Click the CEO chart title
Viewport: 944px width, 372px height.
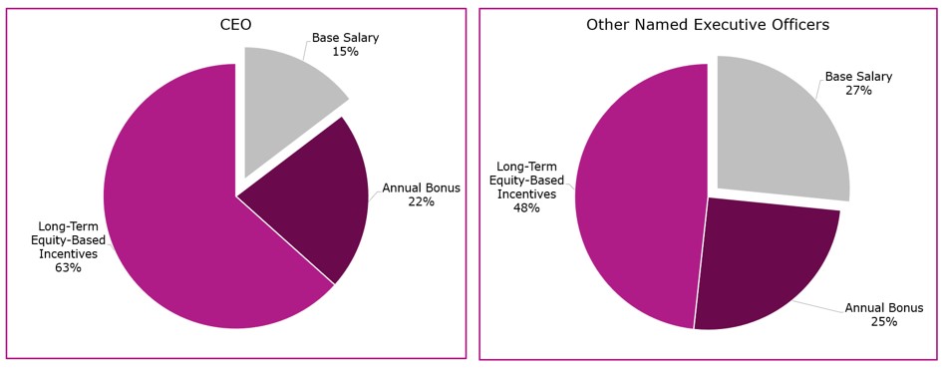pyautogui.click(x=235, y=25)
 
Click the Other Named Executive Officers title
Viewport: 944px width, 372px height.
pyautogui.click(x=707, y=25)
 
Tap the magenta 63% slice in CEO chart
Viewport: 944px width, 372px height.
pyautogui.click(x=179, y=199)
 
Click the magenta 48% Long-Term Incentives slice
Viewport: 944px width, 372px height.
pyautogui.click(x=638, y=199)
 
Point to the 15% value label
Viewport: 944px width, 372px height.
pyautogui.click(x=345, y=52)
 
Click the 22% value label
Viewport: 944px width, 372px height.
pyautogui.click(x=421, y=202)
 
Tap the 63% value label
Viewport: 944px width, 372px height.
pyautogui.click(x=68, y=268)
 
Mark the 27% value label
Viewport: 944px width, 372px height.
pyautogui.click(x=858, y=91)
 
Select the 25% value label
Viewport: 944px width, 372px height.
pyautogui.click(x=883, y=322)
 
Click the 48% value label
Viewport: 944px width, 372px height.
pyautogui.click(x=526, y=208)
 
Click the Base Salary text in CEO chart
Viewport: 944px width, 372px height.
pyautogui.click(x=345, y=38)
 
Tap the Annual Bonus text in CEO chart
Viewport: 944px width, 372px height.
pyautogui.click(x=421, y=188)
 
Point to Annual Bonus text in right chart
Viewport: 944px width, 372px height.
pyautogui.click(x=883, y=308)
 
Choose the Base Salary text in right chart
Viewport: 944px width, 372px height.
pyautogui.click(x=858, y=77)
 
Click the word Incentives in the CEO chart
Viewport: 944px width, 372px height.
pyautogui.click(x=68, y=254)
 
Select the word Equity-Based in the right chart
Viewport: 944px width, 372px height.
pyautogui.click(x=526, y=181)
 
